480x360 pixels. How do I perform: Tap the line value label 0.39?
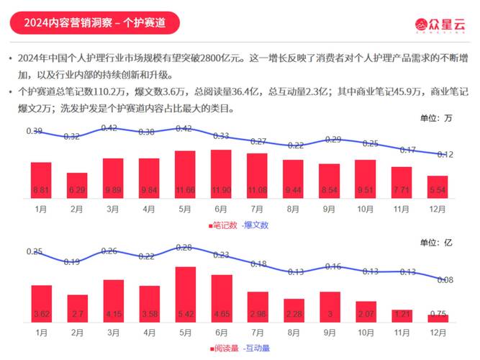(34, 131)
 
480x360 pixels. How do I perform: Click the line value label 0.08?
(444, 280)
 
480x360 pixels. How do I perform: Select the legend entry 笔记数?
(223, 225)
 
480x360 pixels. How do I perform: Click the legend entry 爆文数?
(255, 225)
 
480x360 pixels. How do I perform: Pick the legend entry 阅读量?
(223, 348)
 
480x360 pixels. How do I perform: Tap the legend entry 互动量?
(255, 348)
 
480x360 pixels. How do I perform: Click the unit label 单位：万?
(436, 117)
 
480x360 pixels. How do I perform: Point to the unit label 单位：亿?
(436, 241)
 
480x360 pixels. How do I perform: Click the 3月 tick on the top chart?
(113, 210)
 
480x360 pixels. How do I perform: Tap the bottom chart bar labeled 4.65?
(221, 299)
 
